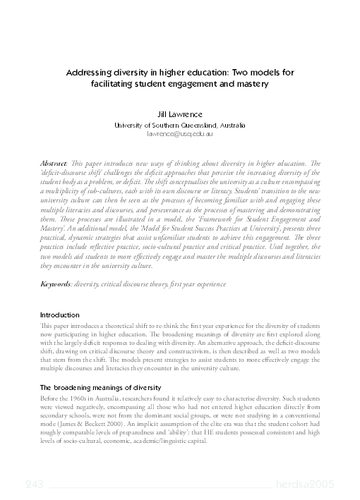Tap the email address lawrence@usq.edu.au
(179, 133)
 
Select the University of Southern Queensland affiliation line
(179, 123)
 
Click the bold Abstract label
(55, 163)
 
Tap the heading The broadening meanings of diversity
(100, 387)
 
